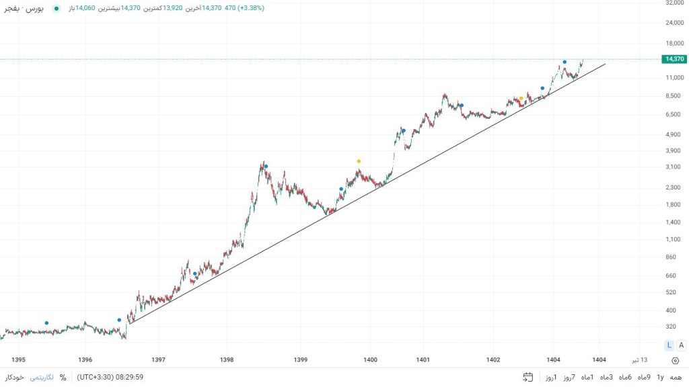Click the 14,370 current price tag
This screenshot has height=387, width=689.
(x=674, y=59)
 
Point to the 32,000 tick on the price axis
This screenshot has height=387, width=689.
(x=674, y=3)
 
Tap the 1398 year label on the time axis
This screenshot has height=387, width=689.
(x=227, y=359)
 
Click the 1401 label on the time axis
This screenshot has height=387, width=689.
(x=423, y=359)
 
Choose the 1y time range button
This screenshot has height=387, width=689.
(x=660, y=378)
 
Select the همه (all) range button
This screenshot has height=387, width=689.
(x=675, y=378)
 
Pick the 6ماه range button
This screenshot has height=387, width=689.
(x=625, y=378)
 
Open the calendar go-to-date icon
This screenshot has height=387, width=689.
(x=528, y=378)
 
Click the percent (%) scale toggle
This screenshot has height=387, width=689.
(x=63, y=378)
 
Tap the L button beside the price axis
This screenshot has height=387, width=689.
(x=669, y=345)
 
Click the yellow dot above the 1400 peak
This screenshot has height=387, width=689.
(x=359, y=161)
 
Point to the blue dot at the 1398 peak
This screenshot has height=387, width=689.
(x=266, y=167)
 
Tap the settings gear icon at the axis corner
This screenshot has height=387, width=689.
(x=675, y=360)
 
